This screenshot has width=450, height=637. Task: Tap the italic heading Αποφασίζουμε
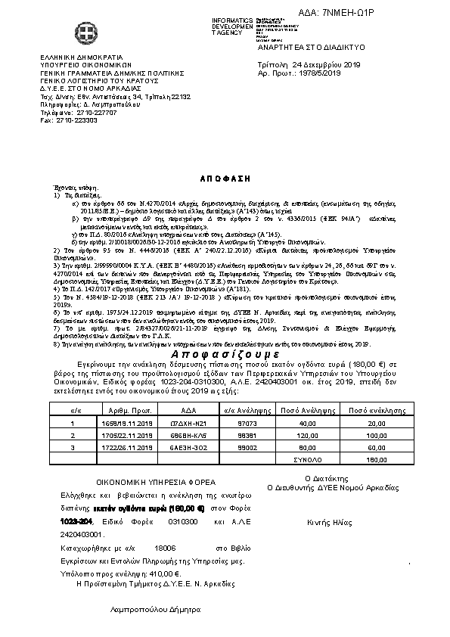pos(223,354)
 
